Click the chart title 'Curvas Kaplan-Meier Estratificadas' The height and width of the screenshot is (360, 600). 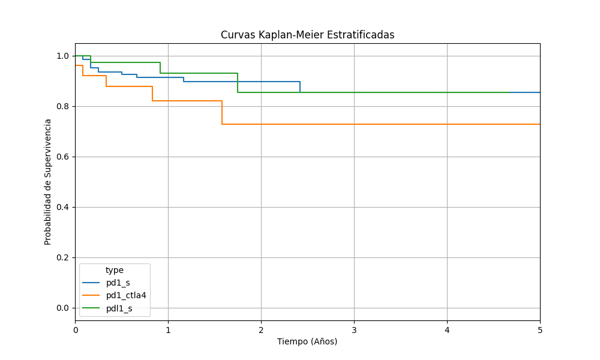click(x=307, y=35)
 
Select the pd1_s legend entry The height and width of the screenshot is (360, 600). click(x=118, y=283)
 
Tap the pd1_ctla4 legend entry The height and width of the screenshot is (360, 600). click(x=126, y=295)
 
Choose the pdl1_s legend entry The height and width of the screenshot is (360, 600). click(x=119, y=308)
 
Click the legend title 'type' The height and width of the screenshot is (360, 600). click(x=115, y=270)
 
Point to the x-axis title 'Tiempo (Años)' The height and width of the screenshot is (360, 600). click(x=307, y=341)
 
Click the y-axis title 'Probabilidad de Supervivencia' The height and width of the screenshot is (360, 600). click(x=48, y=181)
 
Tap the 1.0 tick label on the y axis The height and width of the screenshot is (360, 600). click(x=62, y=56)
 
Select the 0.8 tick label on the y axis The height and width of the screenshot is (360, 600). click(x=62, y=106)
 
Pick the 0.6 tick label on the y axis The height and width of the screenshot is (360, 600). click(x=62, y=157)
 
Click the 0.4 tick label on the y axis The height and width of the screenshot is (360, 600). click(x=62, y=207)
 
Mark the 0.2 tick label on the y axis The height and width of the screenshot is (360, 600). click(x=62, y=257)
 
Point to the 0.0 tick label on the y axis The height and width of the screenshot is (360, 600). click(x=62, y=308)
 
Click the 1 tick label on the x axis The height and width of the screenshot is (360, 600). click(x=168, y=329)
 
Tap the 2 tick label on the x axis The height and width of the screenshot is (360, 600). click(x=261, y=329)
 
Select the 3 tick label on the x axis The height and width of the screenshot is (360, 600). click(x=354, y=329)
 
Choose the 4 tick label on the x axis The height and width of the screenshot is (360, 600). click(x=447, y=329)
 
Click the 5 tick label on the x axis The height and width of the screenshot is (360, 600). click(x=540, y=329)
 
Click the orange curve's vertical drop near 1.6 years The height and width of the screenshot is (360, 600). click(x=222, y=112)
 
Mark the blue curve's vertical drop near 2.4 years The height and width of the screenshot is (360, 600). click(x=300, y=87)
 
